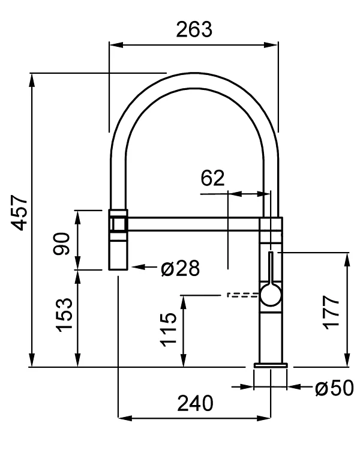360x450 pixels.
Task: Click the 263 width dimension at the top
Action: (194, 29)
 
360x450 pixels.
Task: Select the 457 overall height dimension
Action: (19, 212)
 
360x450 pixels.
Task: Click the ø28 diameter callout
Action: (179, 268)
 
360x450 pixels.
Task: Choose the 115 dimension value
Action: (170, 329)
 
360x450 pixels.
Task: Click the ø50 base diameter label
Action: (334, 388)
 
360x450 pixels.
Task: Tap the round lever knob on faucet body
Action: (269, 295)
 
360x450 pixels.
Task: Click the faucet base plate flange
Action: (271, 365)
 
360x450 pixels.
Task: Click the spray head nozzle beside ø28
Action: (118, 252)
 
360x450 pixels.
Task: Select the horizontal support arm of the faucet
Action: (192, 224)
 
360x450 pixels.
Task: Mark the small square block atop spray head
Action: (118, 223)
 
